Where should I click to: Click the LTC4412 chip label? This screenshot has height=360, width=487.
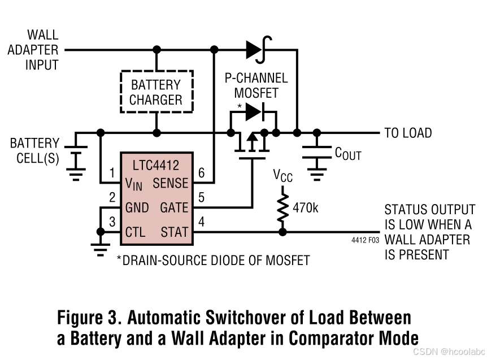[155, 166]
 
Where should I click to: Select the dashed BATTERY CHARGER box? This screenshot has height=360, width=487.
[156, 92]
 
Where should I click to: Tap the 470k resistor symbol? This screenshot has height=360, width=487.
[282, 209]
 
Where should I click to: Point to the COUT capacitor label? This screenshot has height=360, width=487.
[347, 153]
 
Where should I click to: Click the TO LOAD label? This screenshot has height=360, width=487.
[408, 133]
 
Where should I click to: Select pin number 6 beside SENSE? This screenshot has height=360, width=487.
[202, 172]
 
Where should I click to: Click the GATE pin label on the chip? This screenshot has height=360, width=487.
[173, 207]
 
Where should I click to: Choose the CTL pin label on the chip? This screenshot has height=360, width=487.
[136, 232]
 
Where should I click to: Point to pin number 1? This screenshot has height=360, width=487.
[112, 172]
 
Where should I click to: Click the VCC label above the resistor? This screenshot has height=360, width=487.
[283, 176]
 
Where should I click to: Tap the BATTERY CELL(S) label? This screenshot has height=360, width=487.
[34, 150]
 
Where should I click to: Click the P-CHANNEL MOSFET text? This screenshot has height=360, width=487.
[256, 85]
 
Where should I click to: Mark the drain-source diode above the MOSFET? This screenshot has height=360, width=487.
[254, 112]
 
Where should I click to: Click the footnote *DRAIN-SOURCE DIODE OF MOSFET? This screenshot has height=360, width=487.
[213, 261]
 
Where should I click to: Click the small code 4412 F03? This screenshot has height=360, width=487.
[366, 240]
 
